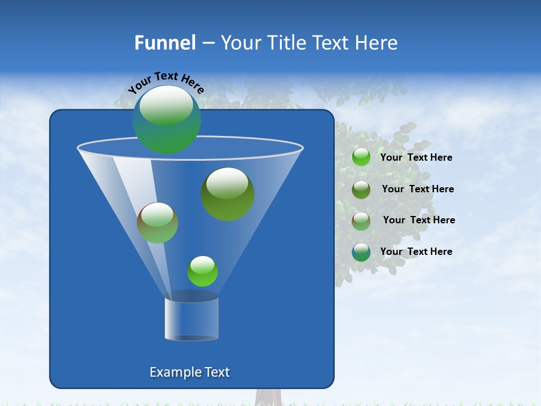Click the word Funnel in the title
point(165,43)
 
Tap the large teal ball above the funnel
point(166,120)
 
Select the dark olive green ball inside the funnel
point(228,194)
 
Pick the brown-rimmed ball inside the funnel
point(157,223)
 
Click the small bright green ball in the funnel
point(202,271)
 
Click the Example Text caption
point(189,372)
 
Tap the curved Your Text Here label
point(166,82)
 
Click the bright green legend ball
point(361,157)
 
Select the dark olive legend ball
point(361,189)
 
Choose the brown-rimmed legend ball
point(361,220)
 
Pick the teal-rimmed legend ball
point(361,252)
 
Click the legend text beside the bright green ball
point(416,157)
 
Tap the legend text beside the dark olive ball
point(418,189)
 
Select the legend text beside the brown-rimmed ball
point(419,220)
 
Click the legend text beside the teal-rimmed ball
point(416,251)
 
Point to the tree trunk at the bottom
point(268,397)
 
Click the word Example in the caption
point(171,372)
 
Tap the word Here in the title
point(375,43)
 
